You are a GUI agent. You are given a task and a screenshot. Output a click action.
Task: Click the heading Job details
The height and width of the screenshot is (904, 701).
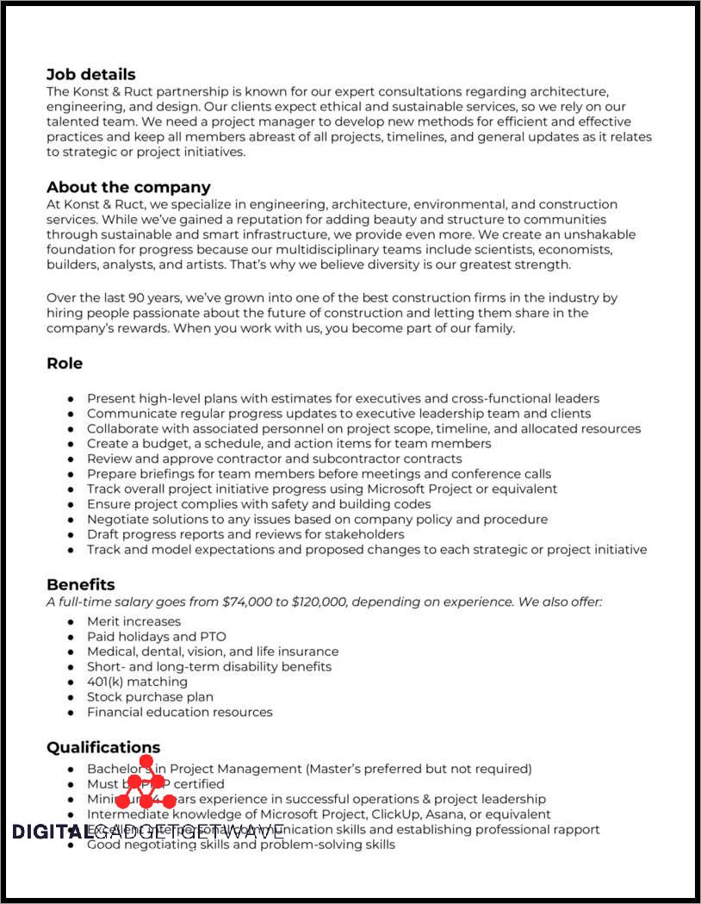90,74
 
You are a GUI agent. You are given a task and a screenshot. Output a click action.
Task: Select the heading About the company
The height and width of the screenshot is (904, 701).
128,187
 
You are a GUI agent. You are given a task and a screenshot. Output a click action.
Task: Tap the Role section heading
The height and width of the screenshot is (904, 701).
65,364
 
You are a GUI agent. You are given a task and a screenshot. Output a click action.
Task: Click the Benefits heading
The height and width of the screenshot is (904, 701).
80,585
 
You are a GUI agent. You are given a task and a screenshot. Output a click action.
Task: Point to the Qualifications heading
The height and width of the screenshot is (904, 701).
103,747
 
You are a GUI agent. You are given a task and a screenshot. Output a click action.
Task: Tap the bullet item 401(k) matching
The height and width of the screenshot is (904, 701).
137,682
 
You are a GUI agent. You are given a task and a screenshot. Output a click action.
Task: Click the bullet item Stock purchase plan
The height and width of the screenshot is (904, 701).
150,696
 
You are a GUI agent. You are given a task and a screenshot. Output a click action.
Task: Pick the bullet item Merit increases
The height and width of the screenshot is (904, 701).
133,621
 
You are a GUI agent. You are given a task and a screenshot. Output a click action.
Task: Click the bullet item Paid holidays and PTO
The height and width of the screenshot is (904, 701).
157,636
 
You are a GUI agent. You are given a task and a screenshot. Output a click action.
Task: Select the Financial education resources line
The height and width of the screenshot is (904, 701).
179,712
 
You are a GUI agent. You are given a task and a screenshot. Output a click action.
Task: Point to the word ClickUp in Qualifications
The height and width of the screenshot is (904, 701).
407,814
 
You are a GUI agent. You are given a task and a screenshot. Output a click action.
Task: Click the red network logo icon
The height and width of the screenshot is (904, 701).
146,784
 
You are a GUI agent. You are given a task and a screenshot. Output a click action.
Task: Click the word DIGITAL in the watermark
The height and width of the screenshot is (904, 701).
51,832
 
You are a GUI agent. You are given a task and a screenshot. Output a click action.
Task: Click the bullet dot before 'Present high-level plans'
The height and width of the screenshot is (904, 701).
71,399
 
